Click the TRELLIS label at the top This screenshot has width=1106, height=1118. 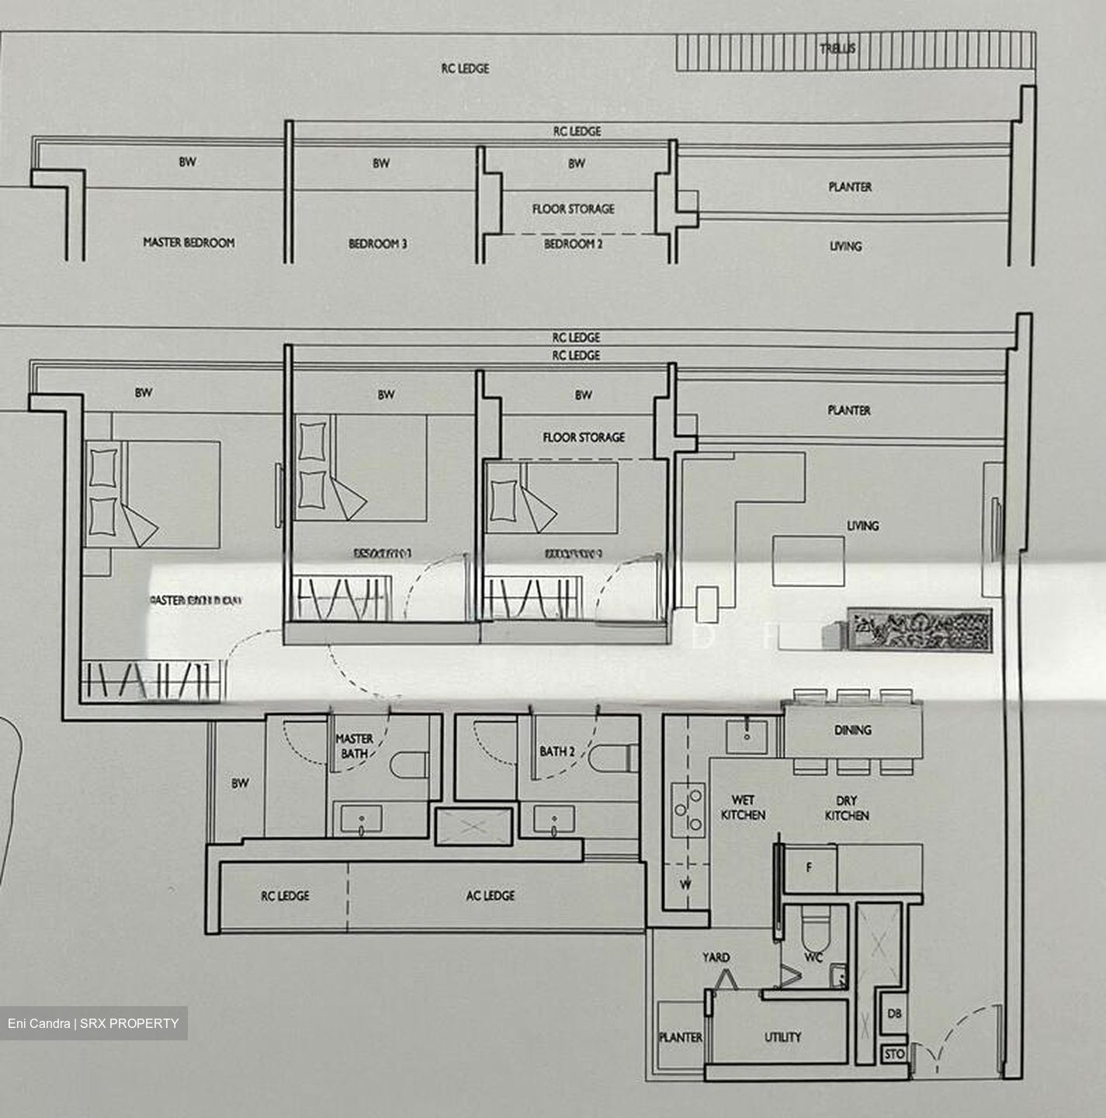click(837, 48)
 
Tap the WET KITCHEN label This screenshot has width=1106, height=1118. click(743, 807)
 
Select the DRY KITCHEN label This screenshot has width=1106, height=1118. click(846, 807)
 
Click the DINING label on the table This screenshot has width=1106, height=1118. click(852, 730)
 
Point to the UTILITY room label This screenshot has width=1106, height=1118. click(782, 1036)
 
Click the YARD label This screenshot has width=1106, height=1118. click(716, 957)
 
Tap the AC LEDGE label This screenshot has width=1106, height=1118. click(490, 895)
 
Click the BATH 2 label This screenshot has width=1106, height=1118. click(556, 751)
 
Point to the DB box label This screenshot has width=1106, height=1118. click(894, 1014)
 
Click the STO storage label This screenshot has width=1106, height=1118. click(894, 1054)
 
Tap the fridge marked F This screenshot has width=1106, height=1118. click(809, 868)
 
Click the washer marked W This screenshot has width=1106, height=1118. click(686, 884)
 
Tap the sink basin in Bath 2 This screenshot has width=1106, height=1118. click(554, 821)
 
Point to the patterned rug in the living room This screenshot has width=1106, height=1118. click(919, 628)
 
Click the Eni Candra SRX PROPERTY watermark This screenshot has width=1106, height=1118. click(93, 1023)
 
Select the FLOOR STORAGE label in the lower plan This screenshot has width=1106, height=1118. click(583, 437)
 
